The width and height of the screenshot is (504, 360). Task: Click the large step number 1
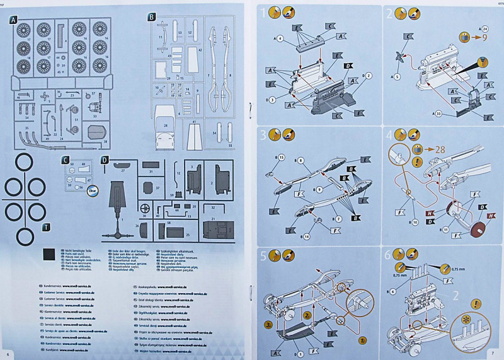click(x=267, y=13)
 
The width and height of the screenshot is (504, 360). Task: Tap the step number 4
click(x=390, y=134)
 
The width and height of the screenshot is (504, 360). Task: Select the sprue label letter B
click(x=151, y=17)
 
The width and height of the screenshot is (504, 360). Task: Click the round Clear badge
click(x=93, y=187)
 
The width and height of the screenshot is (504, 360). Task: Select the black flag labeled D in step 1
click(x=348, y=66)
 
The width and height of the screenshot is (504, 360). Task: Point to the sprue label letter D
click(x=105, y=160)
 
